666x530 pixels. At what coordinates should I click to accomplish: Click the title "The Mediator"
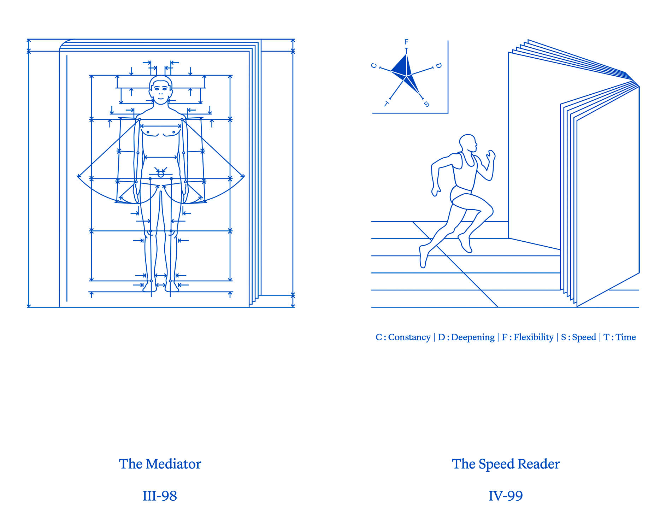point(160,464)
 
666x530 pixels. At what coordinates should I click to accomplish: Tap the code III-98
point(160,496)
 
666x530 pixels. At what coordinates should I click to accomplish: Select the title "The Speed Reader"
point(506,464)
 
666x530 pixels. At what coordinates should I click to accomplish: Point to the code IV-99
point(506,496)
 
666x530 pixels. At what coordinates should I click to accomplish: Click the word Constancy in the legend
point(409,337)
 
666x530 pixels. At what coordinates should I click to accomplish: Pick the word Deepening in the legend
point(473,337)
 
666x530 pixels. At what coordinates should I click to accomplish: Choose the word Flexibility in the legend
point(534,337)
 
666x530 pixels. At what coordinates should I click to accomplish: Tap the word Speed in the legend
point(584,337)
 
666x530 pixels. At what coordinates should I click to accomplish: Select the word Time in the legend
point(626,337)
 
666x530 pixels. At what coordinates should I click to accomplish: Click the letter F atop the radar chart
point(406,42)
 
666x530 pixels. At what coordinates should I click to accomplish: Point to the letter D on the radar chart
point(438,66)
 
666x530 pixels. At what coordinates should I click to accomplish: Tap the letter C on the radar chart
point(374,66)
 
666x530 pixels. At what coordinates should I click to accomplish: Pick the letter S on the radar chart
point(427,104)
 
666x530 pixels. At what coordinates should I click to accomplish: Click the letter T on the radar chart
point(386,104)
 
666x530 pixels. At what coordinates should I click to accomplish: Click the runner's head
point(468,143)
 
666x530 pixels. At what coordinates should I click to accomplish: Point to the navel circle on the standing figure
point(161,174)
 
